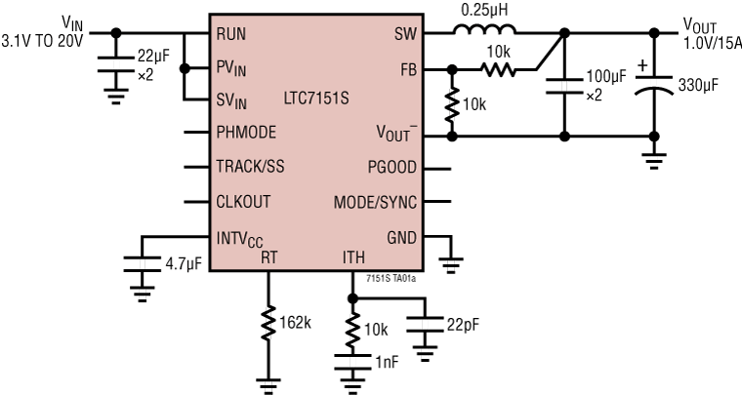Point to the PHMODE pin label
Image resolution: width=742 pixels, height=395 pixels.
tap(246, 133)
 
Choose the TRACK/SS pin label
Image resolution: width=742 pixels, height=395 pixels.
tap(250, 167)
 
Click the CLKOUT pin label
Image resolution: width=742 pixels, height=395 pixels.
tap(243, 202)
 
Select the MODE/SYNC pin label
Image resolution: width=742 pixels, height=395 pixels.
tap(376, 202)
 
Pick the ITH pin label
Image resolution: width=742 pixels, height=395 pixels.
tap(354, 257)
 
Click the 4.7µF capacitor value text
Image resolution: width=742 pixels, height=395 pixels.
tap(182, 264)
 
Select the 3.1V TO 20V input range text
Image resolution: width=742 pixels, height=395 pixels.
tap(44, 41)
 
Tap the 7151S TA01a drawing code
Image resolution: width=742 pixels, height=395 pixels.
tap(392, 279)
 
